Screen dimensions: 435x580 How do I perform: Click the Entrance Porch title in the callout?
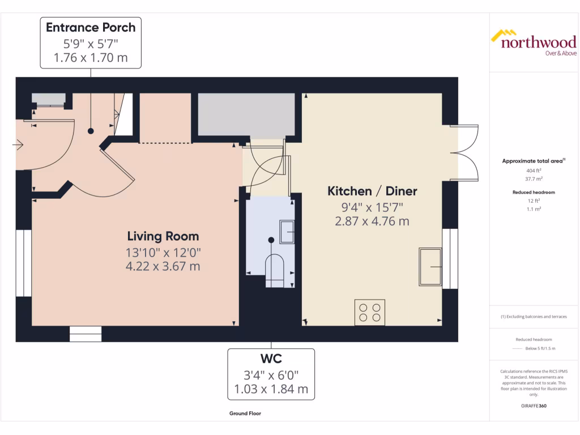[91, 27]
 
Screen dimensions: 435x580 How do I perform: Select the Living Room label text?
[163, 236]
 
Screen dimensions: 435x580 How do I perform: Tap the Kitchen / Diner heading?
[372, 191]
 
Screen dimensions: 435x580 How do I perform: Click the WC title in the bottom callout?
[271, 359]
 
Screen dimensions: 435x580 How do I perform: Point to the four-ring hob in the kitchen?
[370, 312]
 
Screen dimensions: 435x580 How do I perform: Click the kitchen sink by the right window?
[430, 266]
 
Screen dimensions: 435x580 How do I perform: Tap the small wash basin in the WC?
[287, 232]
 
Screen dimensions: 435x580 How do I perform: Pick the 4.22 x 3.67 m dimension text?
[163, 266]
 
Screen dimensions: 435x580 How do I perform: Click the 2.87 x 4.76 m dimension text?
[372, 221]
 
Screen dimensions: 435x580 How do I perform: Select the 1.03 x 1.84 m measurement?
[271, 389]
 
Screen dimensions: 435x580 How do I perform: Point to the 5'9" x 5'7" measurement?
[91, 42]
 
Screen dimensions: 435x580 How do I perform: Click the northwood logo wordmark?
[538, 42]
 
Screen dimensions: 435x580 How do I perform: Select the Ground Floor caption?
[245, 413]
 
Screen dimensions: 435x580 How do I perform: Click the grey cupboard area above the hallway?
[246, 115]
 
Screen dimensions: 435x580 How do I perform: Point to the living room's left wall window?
[23, 263]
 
